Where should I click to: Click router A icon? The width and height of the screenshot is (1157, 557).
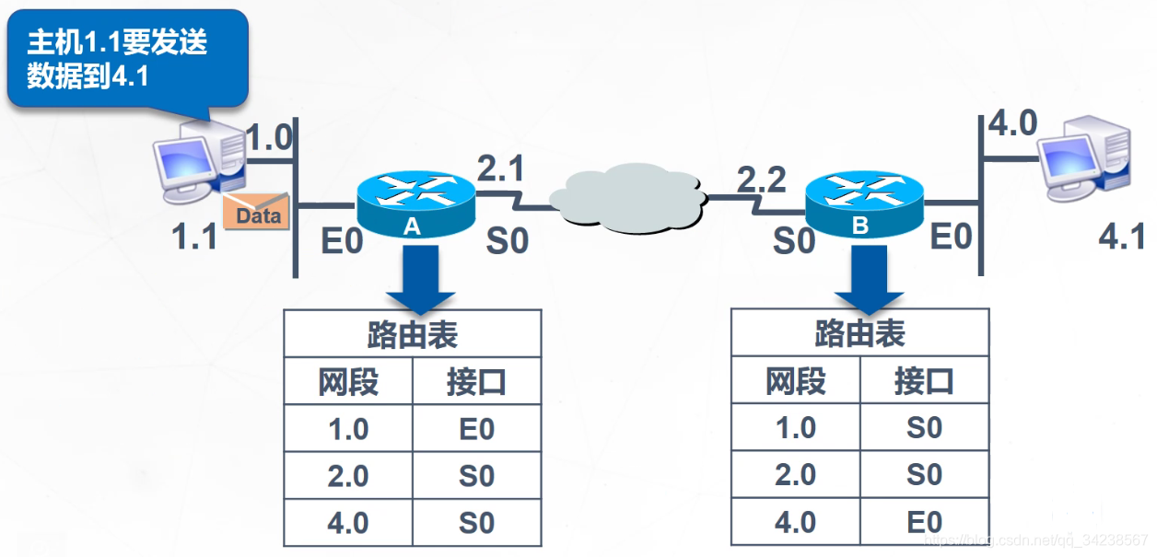(x=414, y=204)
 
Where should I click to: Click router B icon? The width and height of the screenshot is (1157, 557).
(x=862, y=204)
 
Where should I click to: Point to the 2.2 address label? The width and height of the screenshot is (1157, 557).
(x=761, y=180)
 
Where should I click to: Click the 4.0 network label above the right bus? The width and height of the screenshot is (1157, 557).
(x=1012, y=122)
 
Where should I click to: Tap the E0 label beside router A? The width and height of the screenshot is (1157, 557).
(x=341, y=241)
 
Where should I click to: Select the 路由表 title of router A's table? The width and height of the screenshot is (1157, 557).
(x=412, y=334)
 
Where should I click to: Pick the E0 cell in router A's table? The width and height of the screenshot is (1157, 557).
(x=476, y=429)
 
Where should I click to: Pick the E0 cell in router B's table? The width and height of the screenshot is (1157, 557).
(x=924, y=522)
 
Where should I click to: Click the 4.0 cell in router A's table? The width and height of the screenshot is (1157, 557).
(x=348, y=523)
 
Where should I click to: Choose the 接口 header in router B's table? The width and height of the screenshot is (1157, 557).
(x=924, y=380)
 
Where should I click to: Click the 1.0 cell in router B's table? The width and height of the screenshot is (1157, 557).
(x=795, y=428)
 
